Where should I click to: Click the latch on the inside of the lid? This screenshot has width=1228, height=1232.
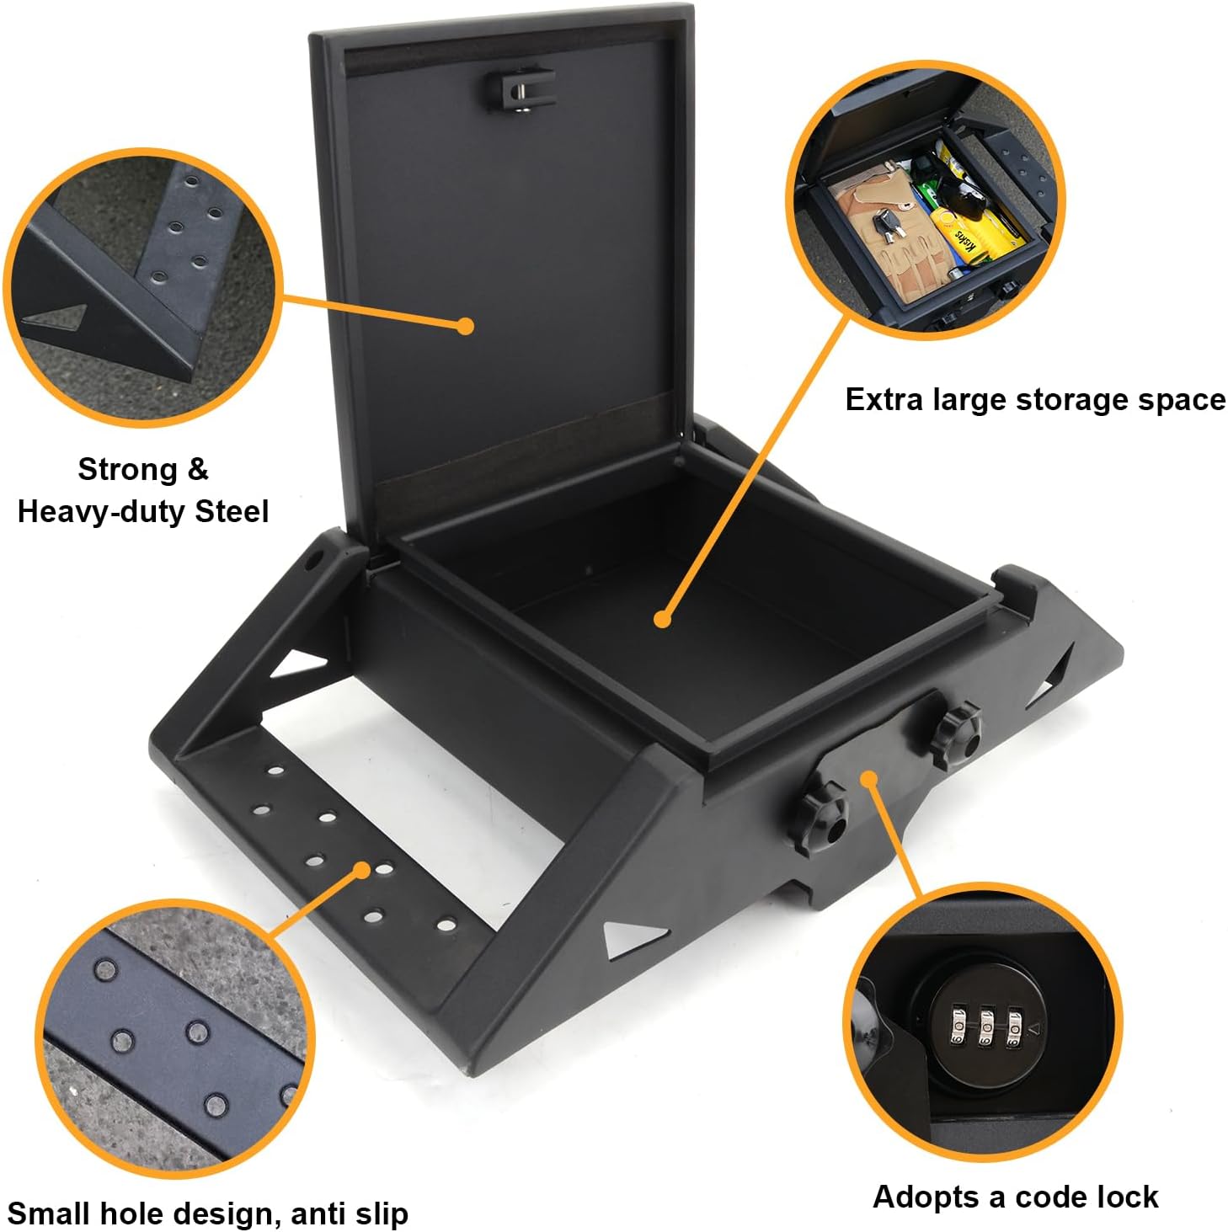pyautogui.click(x=520, y=89)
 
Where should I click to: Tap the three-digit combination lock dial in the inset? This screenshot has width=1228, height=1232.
pyautogui.click(x=985, y=1027)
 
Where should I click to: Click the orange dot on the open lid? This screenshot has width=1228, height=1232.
pyautogui.click(x=464, y=326)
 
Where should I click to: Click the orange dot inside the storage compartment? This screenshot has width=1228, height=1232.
pyautogui.click(x=663, y=620)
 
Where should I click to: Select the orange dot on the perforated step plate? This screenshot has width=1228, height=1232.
pyautogui.click(x=363, y=869)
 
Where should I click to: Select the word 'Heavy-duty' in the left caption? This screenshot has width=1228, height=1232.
pyautogui.click(x=102, y=511)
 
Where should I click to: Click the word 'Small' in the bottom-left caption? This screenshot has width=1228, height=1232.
pyautogui.click(x=50, y=1213)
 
